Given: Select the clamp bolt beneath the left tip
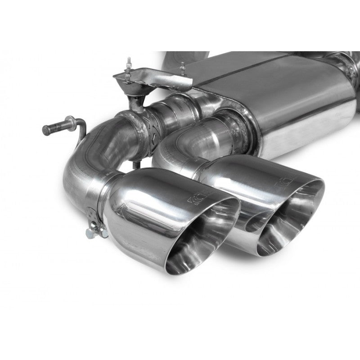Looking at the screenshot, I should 90,232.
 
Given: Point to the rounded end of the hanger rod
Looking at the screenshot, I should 46,130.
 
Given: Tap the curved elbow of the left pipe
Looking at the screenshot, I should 85,157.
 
